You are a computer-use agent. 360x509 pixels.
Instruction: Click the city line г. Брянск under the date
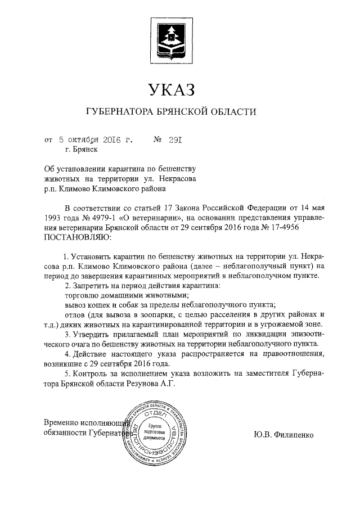(82, 150)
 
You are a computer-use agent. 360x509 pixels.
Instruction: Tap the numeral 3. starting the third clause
(67, 335)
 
